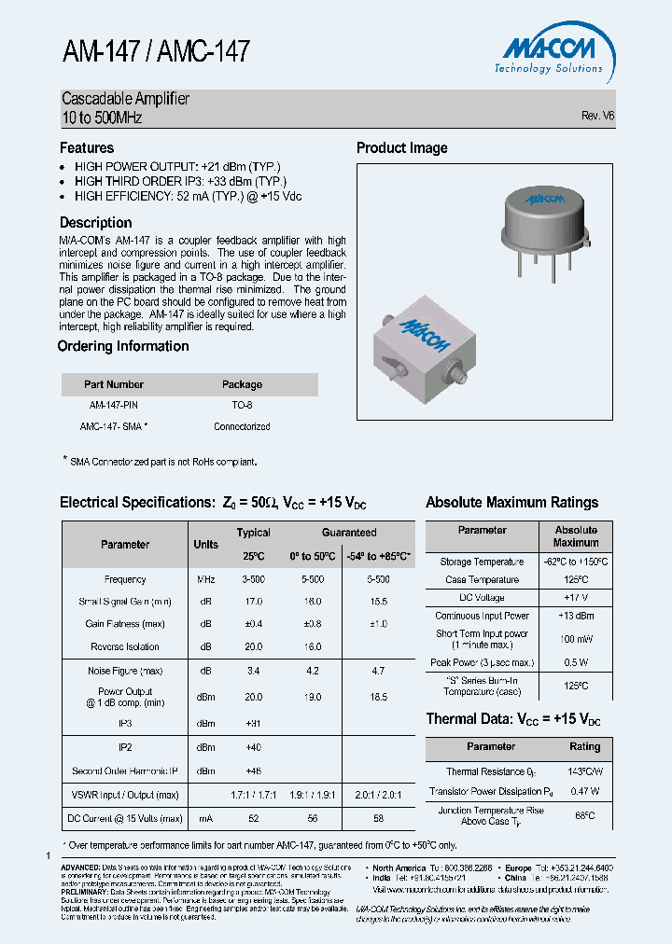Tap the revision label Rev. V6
click(x=597, y=116)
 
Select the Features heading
click(x=87, y=147)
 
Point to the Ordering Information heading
click(x=123, y=346)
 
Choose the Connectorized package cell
click(x=242, y=426)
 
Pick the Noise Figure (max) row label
click(x=125, y=671)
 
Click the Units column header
click(x=205, y=545)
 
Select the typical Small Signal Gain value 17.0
click(x=253, y=602)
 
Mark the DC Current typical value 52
click(x=253, y=818)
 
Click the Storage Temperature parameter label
click(x=482, y=562)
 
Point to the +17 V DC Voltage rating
click(x=575, y=597)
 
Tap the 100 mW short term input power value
click(x=575, y=639)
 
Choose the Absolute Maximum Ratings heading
click(x=511, y=502)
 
